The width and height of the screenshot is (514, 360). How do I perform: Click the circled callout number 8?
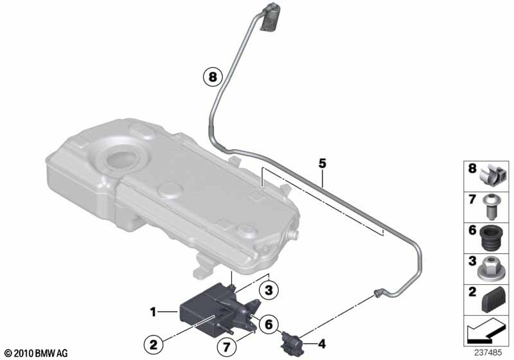[x=213, y=77]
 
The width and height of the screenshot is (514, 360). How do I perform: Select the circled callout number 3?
[x=269, y=290]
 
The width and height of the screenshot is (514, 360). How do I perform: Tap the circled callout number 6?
[x=269, y=325]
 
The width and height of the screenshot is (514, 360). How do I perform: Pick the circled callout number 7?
[x=227, y=347]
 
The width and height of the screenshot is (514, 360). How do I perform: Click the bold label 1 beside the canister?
[x=153, y=312]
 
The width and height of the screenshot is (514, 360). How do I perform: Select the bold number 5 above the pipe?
[x=323, y=163]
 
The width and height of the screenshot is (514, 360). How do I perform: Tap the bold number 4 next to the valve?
[x=323, y=344]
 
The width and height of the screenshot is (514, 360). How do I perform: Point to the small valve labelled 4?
[x=290, y=341]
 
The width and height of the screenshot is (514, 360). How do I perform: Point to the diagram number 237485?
[x=488, y=353]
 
